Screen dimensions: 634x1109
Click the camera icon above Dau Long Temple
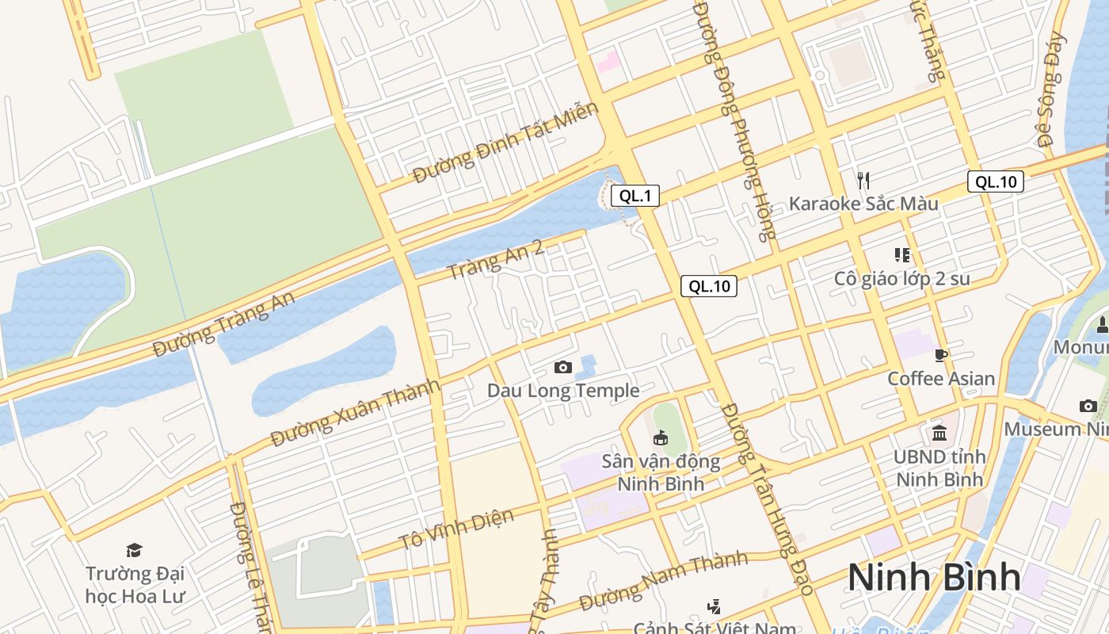coord(563,367)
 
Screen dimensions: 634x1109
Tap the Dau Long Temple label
coord(563,391)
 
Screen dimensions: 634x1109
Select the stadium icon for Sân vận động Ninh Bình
coord(660,437)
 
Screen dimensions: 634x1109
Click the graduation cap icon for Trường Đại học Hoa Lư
coord(134,550)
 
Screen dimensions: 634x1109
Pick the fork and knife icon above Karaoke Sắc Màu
coord(863,181)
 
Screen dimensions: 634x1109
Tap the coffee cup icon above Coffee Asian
coord(941,355)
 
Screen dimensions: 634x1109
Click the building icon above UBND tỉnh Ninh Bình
coord(940,433)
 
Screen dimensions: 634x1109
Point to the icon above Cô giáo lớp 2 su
coord(901,255)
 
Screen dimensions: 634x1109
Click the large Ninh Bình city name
coord(934,577)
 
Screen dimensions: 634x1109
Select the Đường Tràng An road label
coord(224,324)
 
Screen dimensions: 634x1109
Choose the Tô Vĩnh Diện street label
coord(456,529)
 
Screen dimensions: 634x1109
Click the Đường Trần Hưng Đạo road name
coord(768,499)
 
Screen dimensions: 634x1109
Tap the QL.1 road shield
coord(635,196)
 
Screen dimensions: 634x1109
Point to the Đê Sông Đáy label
coord(1050,90)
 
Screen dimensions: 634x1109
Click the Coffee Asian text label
coord(941,379)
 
